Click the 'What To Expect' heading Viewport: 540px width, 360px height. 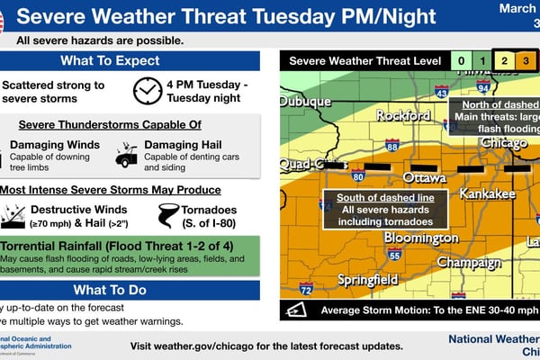pos(130,61)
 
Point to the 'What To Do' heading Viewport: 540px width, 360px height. pos(130,290)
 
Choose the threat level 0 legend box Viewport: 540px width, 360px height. pos(460,61)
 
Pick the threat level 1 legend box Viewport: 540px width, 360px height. pos(482,61)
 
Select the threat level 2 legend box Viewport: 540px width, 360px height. pos(505,61)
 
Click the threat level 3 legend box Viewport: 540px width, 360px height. pos(527,61)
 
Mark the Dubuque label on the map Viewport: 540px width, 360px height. pos(304,102)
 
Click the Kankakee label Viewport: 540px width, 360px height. pos(487,193)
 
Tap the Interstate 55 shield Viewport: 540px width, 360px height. pos(394,255)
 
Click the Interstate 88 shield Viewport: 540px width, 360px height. pos(392,144)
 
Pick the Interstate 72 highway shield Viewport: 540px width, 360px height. pos(306,289)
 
